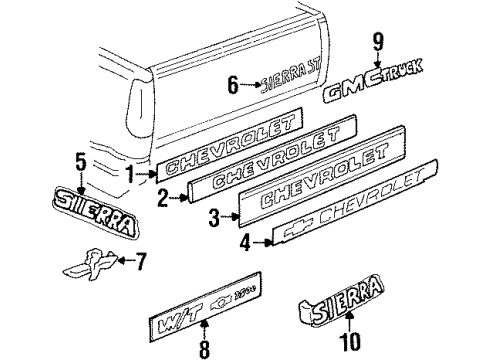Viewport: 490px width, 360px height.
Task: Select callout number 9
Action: coord(378,43)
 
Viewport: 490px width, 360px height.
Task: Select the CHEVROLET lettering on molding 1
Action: coord(229,142)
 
